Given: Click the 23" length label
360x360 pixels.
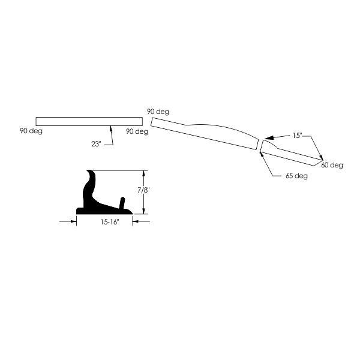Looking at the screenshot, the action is click(x=96, y=144).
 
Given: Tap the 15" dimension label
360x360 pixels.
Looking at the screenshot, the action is click(x=297, y=136).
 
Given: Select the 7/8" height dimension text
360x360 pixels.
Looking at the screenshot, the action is click(x=143, y=190).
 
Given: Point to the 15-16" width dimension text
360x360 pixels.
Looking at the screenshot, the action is click(x=110, y=222).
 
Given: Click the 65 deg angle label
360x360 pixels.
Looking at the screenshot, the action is click(x=296, y=176).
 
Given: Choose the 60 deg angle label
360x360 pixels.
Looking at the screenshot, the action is click(x=332, y=165).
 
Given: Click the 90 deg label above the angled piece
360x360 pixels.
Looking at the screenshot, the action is click(x=158, y=112).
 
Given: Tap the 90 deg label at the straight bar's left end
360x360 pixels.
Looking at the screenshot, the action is click(x=31, y=131).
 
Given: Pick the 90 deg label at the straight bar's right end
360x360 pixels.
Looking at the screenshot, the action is click(x=137, y=131).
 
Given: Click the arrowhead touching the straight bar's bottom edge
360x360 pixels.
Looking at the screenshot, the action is click(x=111, y=128).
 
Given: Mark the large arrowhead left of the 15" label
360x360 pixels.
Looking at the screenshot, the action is click(x=269, y=138).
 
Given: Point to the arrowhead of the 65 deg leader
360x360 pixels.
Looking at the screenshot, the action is click(x=261, y=154).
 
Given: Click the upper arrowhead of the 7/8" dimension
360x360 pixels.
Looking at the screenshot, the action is click(x=144, y=173).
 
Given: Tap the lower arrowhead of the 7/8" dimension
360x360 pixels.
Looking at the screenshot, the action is click(x=144, y=211).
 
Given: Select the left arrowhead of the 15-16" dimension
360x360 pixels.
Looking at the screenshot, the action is click(x=74, y=221).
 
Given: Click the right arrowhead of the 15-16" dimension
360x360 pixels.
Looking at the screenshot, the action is click(x=135, y=221).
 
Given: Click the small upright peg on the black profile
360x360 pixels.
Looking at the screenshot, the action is click(x=122, y=203).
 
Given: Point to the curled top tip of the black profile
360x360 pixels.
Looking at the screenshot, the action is click(x=88, y=171).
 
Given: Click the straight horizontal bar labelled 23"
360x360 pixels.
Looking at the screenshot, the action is click(x=89, y=121).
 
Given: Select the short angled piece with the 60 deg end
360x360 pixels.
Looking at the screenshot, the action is click(x=291, y=152).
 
